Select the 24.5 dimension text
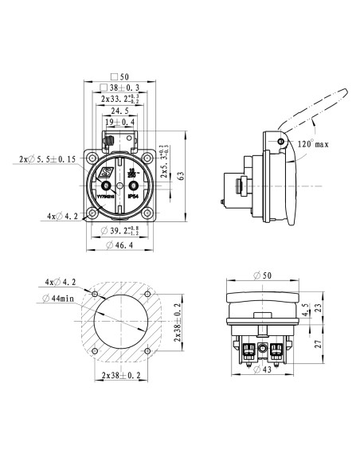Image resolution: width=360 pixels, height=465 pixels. click(119, 111)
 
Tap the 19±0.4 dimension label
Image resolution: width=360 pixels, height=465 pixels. click(119, 123)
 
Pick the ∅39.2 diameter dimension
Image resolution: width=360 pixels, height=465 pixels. click(125, 231)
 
